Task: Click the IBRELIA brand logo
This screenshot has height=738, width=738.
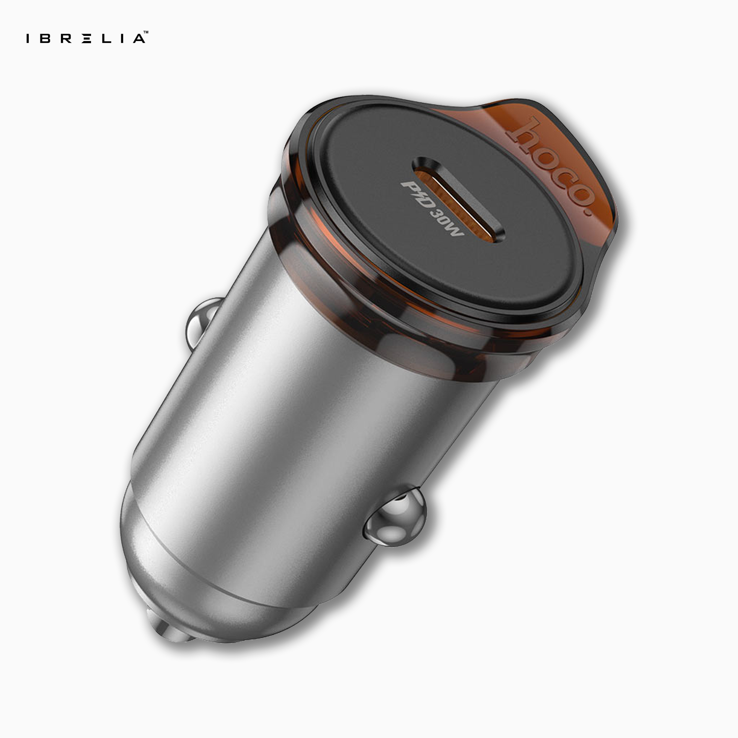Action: [x=86, y=38]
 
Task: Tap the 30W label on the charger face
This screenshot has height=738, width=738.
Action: [x=447, y=224]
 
